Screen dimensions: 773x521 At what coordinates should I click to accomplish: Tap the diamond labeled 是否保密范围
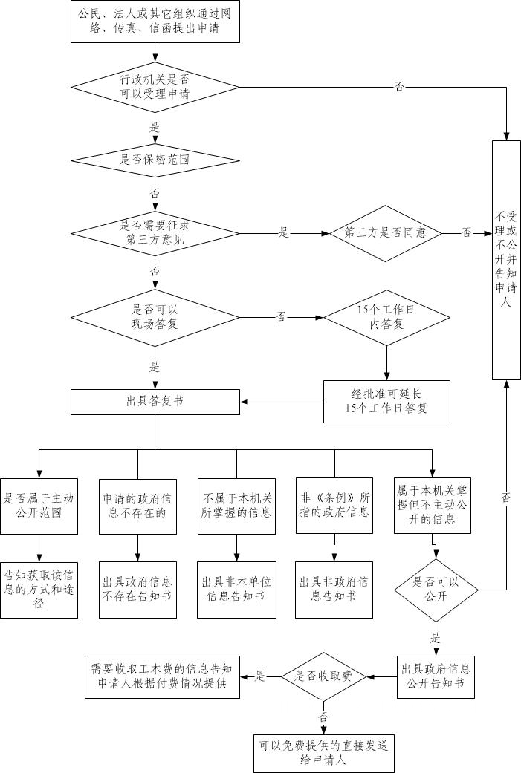tap(155, 159)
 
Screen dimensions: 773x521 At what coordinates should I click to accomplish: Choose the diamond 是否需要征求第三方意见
tap(155, 232)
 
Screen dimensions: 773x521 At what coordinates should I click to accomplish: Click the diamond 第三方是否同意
tap(386, 232)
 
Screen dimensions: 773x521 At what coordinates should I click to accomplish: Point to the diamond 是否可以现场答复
tap(155, 317)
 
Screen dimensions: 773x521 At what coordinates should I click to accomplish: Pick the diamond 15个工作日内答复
tap(386, 317)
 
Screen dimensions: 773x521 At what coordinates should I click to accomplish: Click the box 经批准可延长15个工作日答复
tap(386, 401)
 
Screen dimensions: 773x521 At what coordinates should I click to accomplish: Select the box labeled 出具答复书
tap(155, 401)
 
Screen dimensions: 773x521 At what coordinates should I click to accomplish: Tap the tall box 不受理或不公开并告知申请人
tap(506, 259)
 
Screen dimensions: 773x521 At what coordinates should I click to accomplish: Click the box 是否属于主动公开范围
tap(38, 505)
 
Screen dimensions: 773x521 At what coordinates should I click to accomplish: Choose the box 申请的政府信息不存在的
tap(137, 505)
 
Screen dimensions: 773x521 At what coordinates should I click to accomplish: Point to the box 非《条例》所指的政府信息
tap(334, 505)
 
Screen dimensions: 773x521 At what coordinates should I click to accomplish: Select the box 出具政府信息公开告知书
tap(436, 676)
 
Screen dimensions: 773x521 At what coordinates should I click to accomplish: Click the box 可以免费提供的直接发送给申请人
tap(324, 752)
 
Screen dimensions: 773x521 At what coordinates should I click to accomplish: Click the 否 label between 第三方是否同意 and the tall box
tap(467, 232)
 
